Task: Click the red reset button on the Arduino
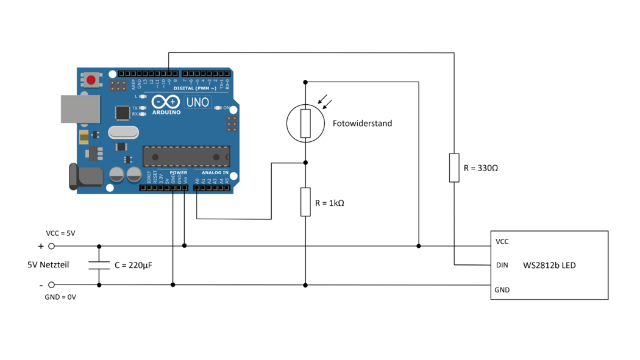pyautogui.click(x=91, y=79)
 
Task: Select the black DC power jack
pyautogui.click(x=86, y=177)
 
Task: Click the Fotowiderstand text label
pyautogui.click(x=362, y=124)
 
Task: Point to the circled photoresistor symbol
pyautogui.click(x=306, y=123)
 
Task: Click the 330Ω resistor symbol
pyautogui.click(x=454, y=168)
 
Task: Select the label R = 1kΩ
pyautogui.click(x=330, y=203)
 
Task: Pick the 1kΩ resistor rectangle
pyautogui.click(x=305, y=202)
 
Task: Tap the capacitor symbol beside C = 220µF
pyautogui.click(x=99, y=265)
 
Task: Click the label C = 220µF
pyautogui.click(x=133, y=266)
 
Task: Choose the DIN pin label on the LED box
pyautogui.click(x=502, y=266)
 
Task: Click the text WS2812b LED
pyautogui.click(x=549, y=266)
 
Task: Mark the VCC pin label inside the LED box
pyautogui.click(x=502, y=242)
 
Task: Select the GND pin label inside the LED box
pyautogui.click(x=502, y=290)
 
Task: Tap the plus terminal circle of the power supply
pyautogui.click(x=52, y=246)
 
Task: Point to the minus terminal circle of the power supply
pyautogui.click(x=52, y=284)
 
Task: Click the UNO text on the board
pyautogui.click(x=197, y=102)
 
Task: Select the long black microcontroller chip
pyautogui.click(x=186, y=156)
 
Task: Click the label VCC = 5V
pyautogui.click(x=60, y=233)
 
